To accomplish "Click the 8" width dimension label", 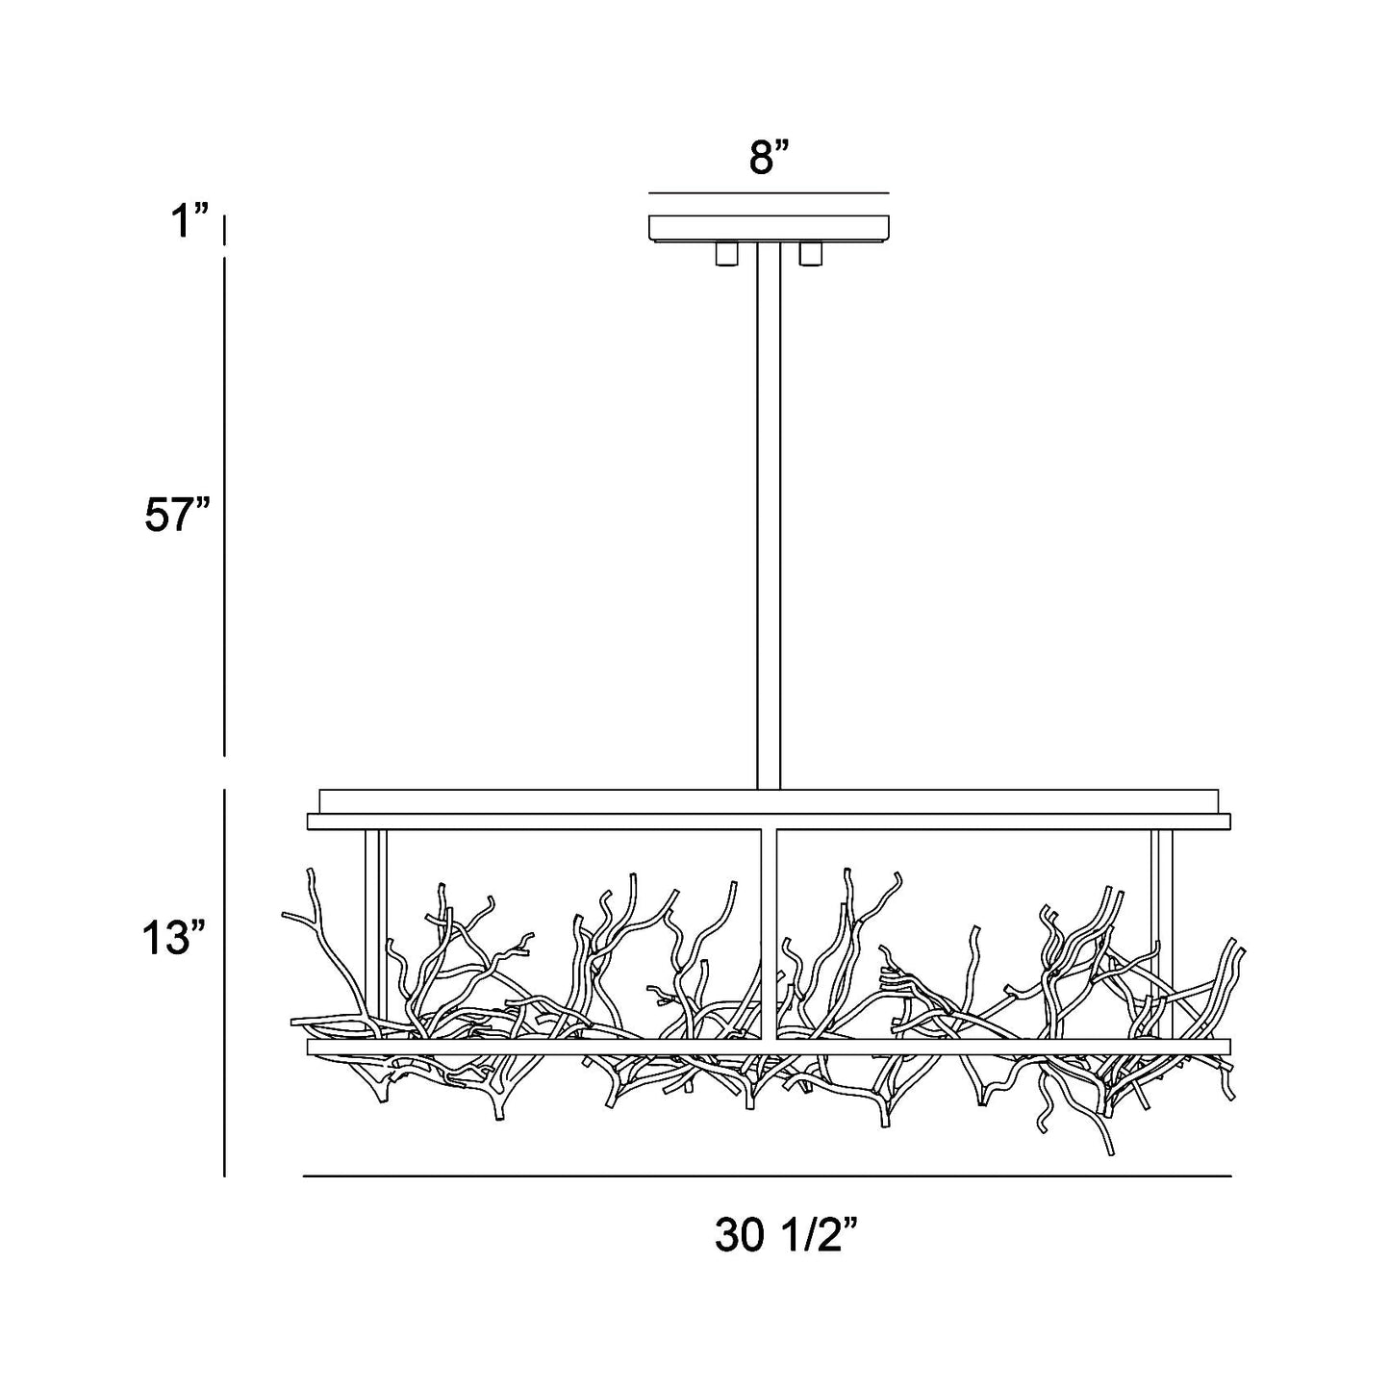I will click(769, 158).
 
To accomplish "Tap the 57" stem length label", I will click(177, 517).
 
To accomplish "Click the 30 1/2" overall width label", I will click(785, 1236).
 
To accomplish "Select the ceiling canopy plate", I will click(769, 229).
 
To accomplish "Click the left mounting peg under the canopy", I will click(726, 254).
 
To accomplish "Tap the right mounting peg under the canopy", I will click(811, 254).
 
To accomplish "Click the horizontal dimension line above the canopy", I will click(769, 193).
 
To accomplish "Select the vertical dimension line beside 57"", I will click(225, 505).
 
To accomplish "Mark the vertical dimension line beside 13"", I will click(225, 981).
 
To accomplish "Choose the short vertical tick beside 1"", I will click(225, 231).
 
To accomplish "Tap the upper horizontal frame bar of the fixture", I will click(769, 821).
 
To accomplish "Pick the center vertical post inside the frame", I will click(769, 923).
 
